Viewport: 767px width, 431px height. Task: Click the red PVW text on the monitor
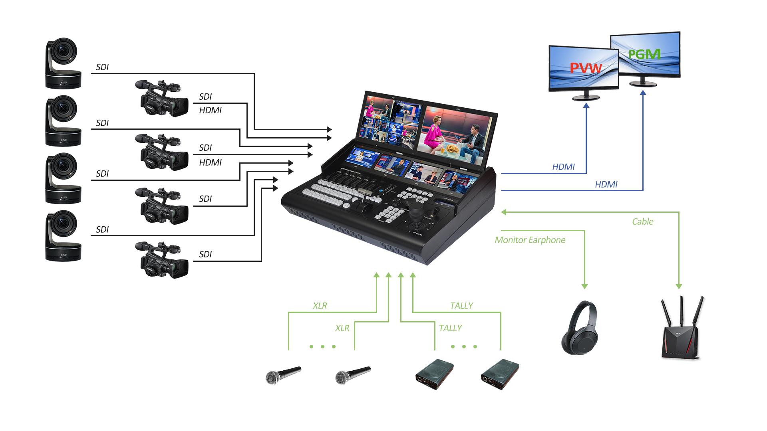[x=585, y=68]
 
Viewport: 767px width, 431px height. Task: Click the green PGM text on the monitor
[x=644, y=54]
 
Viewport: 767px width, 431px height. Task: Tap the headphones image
[x=579, y=328]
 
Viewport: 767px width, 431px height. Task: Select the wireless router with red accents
[x=683, y=328]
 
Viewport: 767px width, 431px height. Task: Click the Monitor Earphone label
[x=530, y=240]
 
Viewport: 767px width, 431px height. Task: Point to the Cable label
[x=643, y=221]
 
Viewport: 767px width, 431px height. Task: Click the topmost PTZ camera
[x=63, y=63]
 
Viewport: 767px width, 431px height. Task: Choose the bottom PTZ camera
[x=63, y=236]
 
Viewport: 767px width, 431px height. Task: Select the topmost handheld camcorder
[x=162, y=99]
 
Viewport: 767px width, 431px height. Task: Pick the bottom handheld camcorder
[x=162, y=260]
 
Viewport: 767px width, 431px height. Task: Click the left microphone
[x=283, y=376]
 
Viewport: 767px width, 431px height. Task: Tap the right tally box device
[x=500, y=374]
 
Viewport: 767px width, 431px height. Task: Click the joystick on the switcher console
[x=416, y=211]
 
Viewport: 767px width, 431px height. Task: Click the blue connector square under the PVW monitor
[x=586, y=105]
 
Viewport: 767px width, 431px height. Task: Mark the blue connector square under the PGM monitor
[x=643, y=92]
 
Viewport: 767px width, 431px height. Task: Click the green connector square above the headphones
[x=584, y=287]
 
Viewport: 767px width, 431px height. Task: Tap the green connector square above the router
[x=679, y=287]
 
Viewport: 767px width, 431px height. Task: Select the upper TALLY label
[x=461, y=306]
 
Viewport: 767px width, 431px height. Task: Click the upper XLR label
[x=320, y=306]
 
